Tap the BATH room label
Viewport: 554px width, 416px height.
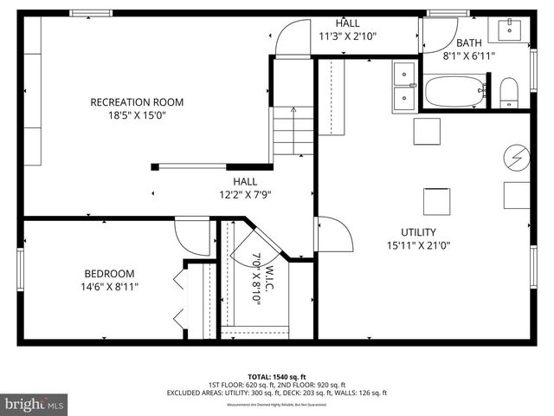tap(469, 43)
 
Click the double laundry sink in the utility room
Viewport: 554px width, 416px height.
tap(404, 86)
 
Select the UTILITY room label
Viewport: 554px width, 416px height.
tap(417, 232)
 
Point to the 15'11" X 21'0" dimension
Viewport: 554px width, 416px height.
tap(417, 245)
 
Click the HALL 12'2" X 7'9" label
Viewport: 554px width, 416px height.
tap(245, 188)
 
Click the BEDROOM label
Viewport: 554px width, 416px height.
tap(109, 273)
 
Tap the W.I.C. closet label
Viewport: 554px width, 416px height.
tap(264, 277)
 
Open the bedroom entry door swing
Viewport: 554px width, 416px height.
tap(192, 237)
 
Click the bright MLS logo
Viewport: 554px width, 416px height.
tap(35, 403)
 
